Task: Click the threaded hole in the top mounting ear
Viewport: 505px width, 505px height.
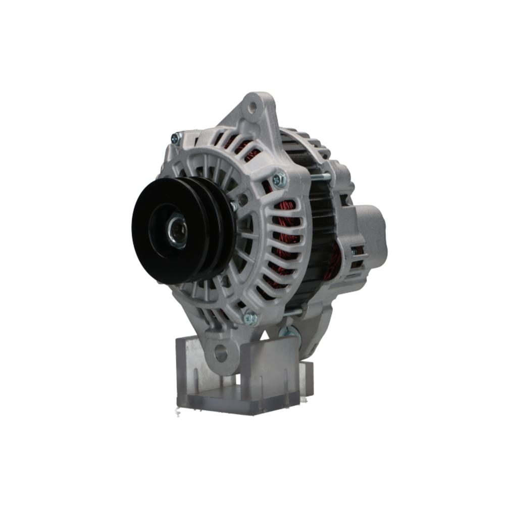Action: (x=252, y=107)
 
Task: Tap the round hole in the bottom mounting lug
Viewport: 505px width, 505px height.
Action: (x=221, y=352)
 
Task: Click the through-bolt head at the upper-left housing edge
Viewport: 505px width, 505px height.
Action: (x=176, y=137)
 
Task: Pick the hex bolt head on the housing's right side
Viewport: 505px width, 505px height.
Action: (x=278, y=179)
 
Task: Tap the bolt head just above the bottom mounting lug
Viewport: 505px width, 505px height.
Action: (x=250, y=318)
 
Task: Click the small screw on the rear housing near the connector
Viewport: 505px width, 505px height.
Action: (x=353, y=251)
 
